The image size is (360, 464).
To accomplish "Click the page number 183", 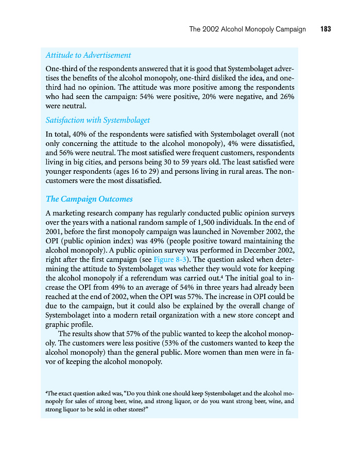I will click(x=325, y=29).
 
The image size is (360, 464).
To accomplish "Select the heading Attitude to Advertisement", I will click(x=88, y=55).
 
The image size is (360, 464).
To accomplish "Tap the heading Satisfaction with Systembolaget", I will click(x=98, y=120).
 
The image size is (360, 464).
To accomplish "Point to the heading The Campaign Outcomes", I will click(x=89, y=199).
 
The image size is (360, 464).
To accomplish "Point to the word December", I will click(x=248, y=250).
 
